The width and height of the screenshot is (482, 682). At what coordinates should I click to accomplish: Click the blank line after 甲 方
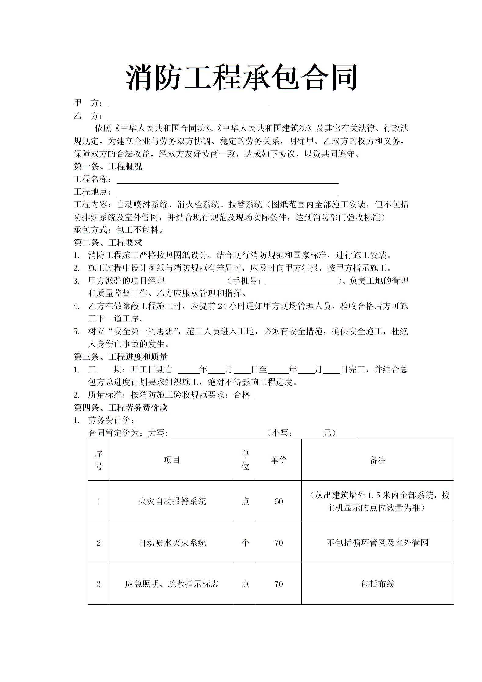point(189,104)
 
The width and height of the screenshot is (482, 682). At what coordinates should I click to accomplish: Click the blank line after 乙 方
point(189,117)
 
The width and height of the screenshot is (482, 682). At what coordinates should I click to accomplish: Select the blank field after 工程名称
point(227,180)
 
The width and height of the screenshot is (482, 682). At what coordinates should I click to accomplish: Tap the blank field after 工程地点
point(227,192)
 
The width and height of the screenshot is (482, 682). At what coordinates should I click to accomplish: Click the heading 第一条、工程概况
point(108,167)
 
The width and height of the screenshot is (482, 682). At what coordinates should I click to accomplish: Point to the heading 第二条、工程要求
point(108,243)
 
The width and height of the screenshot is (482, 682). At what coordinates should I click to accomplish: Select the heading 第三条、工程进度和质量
point(120,357)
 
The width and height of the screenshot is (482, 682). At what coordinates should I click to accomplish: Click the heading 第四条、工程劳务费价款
point(120,408)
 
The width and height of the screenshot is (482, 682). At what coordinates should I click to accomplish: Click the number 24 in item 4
point(222,306)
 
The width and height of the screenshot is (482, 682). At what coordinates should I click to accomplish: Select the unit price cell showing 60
point(279,501)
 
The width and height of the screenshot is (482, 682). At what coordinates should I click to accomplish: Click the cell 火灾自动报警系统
point(172,501)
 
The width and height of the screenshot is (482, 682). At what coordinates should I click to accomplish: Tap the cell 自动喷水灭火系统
point(172,543)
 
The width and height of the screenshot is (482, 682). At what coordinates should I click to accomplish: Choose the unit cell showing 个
point(245,543)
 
